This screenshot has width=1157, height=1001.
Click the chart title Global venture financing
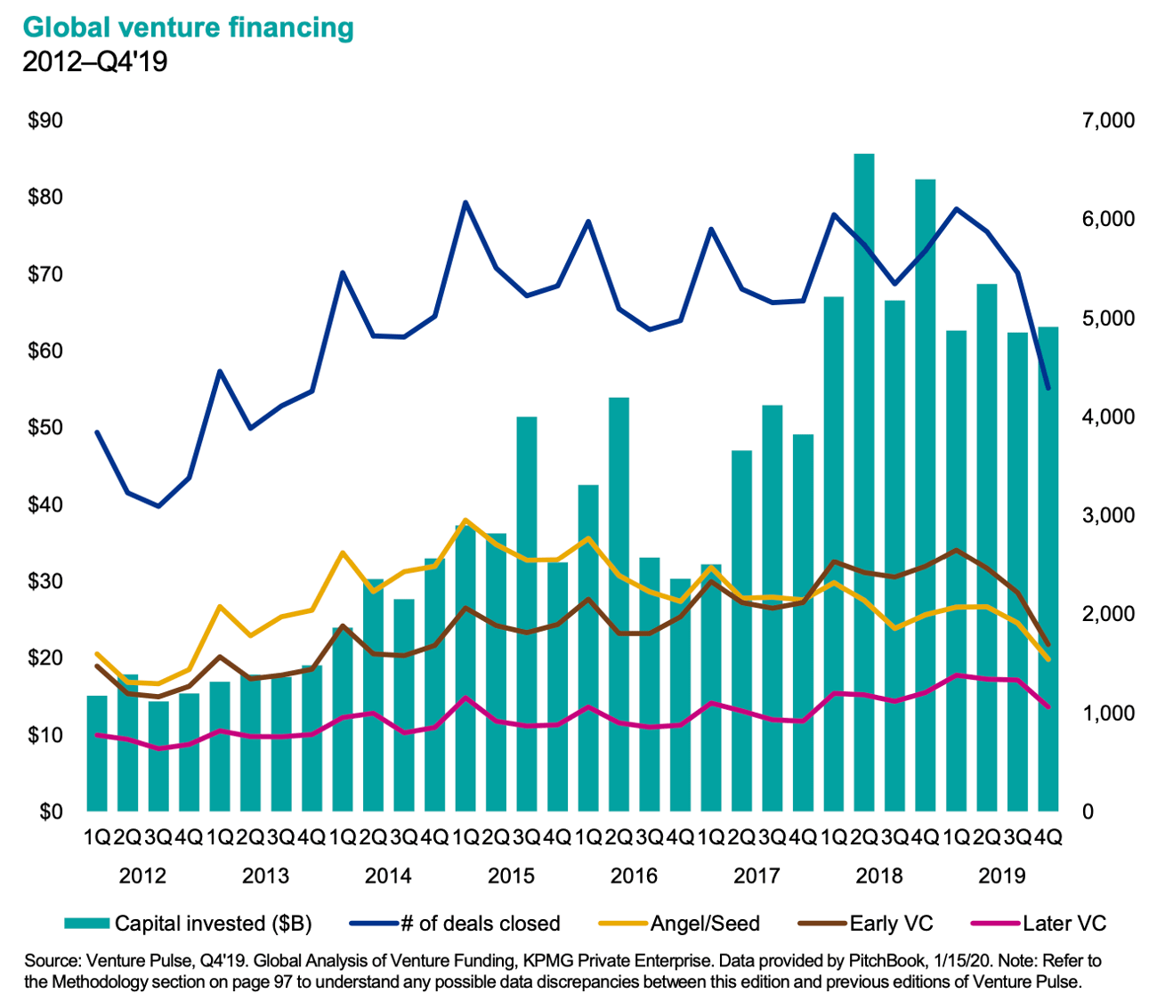click(188, 28)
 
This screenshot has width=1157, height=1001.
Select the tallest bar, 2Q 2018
click(863, 480)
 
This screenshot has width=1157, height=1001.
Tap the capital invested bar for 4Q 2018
click(926, 494)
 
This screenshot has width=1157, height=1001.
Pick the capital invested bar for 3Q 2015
click(527, 614)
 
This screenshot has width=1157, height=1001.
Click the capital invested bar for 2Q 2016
click(619, 605)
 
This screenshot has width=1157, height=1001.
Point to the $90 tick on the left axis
click(44, 120)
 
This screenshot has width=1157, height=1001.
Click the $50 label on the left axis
click(44, 428)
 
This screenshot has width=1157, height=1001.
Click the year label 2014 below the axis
click(388, 876)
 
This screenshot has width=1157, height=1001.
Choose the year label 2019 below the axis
click(1002, 876)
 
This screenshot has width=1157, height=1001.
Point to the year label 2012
click(142, 876)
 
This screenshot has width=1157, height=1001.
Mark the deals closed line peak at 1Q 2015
click(465, 203)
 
